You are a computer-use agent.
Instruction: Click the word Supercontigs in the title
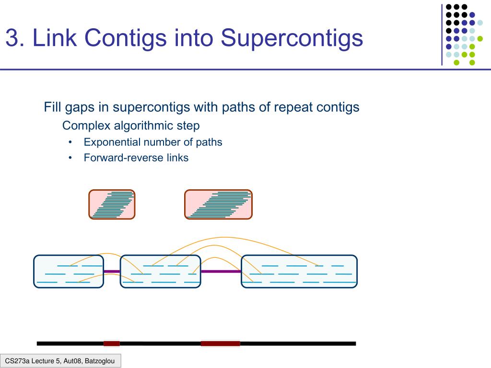click(292, 38)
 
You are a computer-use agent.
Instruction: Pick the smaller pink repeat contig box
click(112, 205)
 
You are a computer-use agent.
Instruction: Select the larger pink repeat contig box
click(218, 205)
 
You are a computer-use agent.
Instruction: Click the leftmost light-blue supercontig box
click(69, 271)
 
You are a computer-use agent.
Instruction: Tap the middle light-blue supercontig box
click(160, 271)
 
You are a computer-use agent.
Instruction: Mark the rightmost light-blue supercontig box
click(299, 271)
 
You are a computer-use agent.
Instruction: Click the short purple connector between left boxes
click(112, 272)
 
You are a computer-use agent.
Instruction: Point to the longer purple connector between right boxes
click(221, 272)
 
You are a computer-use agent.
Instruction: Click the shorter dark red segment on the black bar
click(112, 343)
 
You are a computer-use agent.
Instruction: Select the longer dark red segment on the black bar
click(220, 343)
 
